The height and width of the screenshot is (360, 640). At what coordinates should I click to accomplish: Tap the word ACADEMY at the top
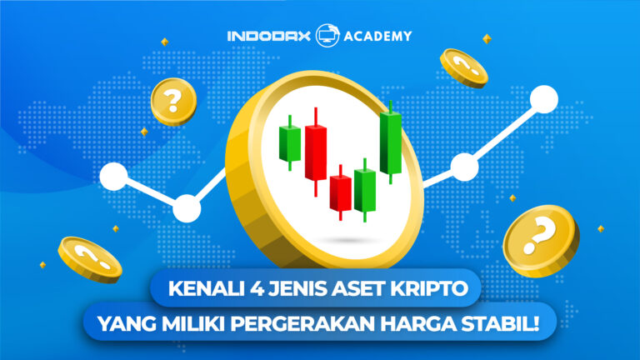point(372,36)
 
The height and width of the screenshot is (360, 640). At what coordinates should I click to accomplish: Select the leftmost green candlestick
point(289,142)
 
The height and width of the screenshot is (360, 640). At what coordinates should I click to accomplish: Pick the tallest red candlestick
point(315,152)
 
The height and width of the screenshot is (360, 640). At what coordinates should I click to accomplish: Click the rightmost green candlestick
point(390,142)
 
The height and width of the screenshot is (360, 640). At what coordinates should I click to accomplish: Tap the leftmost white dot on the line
point(112,176)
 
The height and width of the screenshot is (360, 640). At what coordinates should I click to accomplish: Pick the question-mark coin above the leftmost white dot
point(172,102)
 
